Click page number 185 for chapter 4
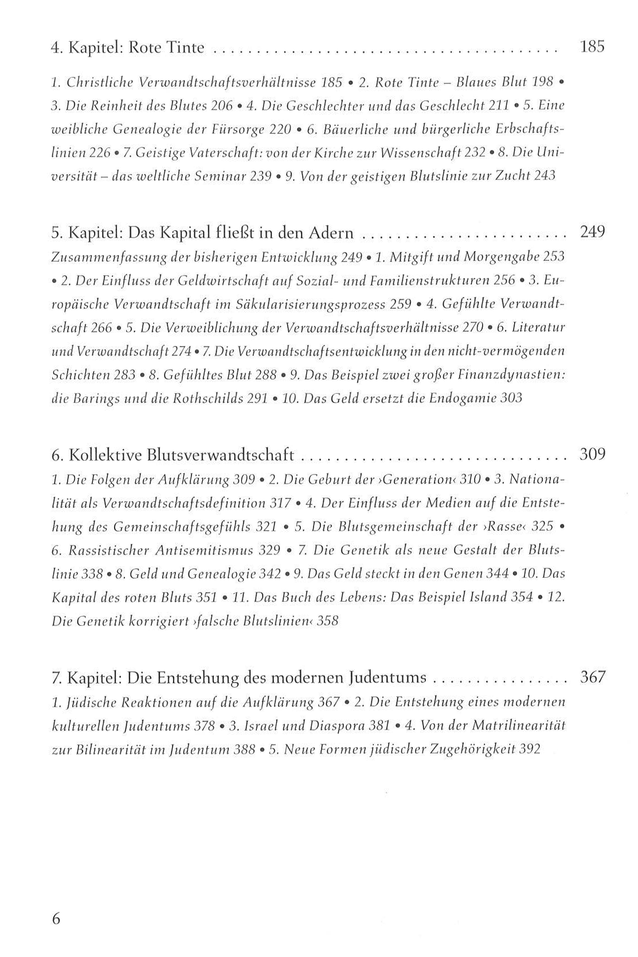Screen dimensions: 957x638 click(592, 46)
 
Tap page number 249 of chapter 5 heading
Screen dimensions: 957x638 click(592, 233)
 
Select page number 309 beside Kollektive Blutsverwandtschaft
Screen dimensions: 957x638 click(592, 455)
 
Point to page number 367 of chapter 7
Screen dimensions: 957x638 click(592, 677)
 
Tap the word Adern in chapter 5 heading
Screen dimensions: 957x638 click(332, 233)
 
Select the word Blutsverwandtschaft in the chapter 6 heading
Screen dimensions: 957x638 click(221, 456)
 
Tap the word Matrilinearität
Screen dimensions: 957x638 click(518, 725)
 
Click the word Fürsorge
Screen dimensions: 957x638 click(239, 130)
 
